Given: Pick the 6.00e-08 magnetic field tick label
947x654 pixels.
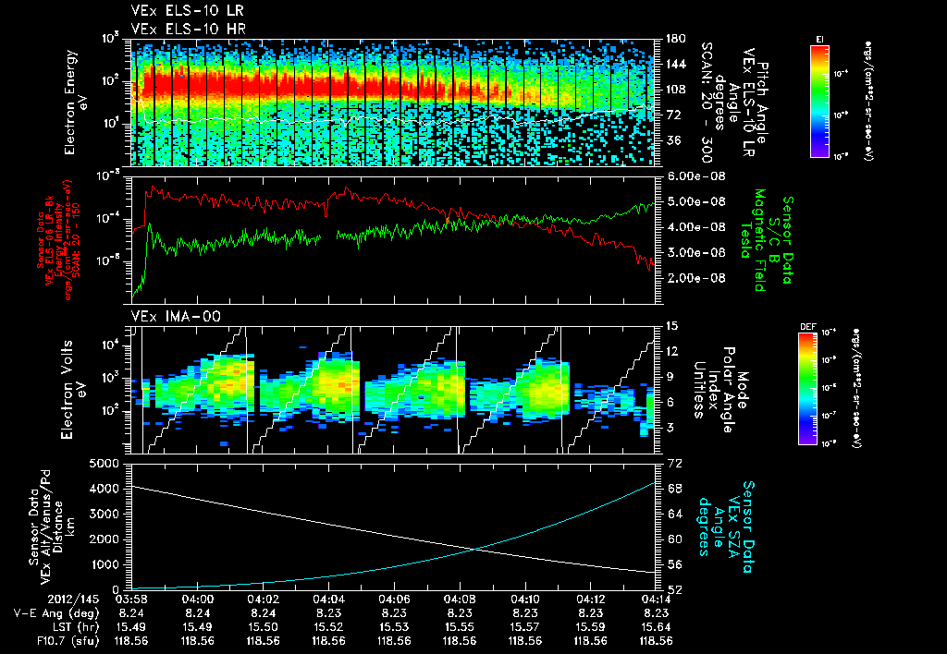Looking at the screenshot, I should pyautogui.click(x=701, y=176).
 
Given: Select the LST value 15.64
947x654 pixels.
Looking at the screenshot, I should pyautogui.click(x=656, y=625).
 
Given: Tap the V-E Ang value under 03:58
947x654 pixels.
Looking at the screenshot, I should pyautogui.click(x=132, y=612).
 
